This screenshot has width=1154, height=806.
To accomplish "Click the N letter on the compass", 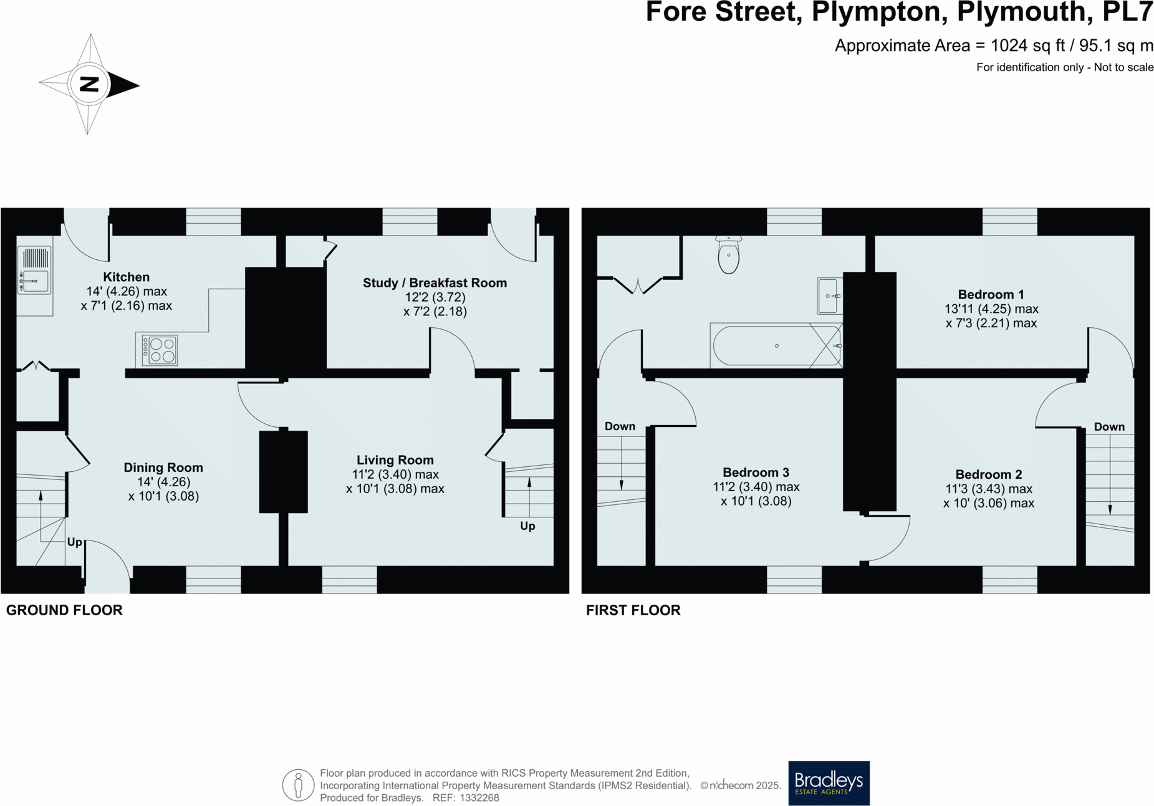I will click(90, 84).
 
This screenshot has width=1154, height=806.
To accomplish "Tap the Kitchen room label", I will click(127, 277).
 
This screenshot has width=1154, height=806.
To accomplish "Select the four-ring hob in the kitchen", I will click(160, 350).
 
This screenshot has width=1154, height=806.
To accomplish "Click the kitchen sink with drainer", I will click(34, 270).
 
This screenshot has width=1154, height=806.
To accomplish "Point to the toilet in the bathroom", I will click(728, 256).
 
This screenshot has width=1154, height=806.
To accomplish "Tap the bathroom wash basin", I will click(829, 295).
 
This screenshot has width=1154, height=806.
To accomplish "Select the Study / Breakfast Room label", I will click(435, 283).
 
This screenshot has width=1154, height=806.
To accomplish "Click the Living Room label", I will click(395, 460).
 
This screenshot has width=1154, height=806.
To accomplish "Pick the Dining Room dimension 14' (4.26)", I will click(163, 482).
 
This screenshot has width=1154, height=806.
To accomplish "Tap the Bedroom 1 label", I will click(991, 294).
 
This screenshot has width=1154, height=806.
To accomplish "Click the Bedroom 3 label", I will click(756, 473).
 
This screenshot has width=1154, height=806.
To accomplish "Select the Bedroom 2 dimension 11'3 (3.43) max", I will click(988, 489).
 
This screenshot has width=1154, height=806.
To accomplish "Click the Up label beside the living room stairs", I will click(527, 526).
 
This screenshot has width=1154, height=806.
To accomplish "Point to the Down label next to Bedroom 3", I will click(620, 426).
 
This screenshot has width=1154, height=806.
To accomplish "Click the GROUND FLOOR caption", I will click(64, 610).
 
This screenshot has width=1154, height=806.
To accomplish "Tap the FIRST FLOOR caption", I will click(633, 610).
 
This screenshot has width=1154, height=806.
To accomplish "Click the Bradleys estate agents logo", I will click(829, 783).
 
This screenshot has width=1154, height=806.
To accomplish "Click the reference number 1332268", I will click(479, 798).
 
